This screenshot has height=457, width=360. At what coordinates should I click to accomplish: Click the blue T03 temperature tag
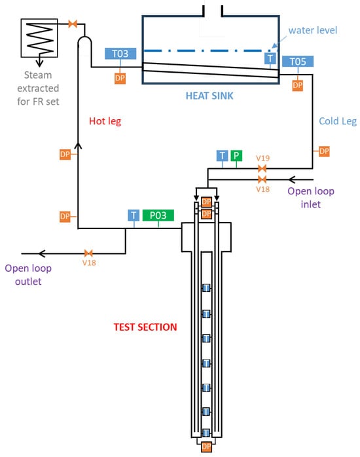pos(120,54)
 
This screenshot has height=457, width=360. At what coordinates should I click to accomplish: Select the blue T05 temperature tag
pos(298,62)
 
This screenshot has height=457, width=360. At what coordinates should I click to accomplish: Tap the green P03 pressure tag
pos(158,215)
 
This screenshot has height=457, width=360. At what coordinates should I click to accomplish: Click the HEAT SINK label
pos(209,96)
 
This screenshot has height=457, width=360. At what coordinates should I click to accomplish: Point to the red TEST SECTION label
pos(145,327)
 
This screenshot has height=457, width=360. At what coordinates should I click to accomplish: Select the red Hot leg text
pos(105,121)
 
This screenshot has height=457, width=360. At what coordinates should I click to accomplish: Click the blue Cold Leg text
pos(338,121)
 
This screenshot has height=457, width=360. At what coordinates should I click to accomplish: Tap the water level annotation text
pos(313,30)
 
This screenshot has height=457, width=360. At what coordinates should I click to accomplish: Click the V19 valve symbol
pos(262,168)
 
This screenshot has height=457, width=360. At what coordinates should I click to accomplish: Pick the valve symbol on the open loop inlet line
pos(262,179)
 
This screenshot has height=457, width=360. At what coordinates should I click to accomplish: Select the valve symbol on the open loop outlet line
pos(88,253)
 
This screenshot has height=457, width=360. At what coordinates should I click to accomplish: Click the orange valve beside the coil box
pos(73,24)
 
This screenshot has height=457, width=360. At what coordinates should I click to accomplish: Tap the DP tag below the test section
pos(206,447)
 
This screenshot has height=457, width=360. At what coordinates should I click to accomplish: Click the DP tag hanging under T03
pos(120,79)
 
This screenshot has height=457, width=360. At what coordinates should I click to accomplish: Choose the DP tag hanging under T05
pos(297,85)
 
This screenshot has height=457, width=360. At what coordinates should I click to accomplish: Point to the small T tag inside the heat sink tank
pos(270,58)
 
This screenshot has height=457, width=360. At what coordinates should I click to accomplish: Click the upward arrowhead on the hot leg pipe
pos(78,145)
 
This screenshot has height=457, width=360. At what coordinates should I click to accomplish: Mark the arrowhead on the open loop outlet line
pos(42,253)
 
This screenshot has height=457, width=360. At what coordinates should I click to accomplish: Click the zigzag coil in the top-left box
pos(40,38)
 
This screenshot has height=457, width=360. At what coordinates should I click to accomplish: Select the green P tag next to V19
pos(236,156)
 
